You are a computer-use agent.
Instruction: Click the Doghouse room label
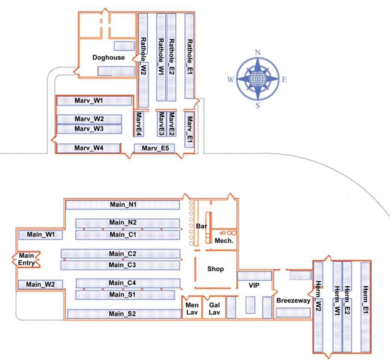[x=108, y=57]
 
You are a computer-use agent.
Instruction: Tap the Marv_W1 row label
[x=89, y=100]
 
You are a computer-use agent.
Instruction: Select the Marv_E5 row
[x=154, y=148]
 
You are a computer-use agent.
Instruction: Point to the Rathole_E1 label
[x=189, y=57]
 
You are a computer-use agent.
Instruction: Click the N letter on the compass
[x=258, y=52]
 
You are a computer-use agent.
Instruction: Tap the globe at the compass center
[x=257, y=79]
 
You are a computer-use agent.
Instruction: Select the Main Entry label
[x=26, y=259]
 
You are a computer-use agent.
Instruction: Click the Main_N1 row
[x=123, y=205]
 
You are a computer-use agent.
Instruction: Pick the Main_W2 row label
[x=40, y=284]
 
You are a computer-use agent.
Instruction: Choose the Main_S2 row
[x=124, y=314]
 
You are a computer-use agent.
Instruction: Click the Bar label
[x=201, y=226]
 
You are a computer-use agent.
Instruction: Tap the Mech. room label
[x=224, y=241]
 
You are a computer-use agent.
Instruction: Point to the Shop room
[x=216, y=269]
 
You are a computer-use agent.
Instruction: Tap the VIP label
[x=254, y=285]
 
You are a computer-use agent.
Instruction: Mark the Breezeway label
[x=293, y=300]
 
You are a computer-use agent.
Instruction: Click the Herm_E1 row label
[x=365, y=300]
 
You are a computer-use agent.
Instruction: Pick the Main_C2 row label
[x=123, y=254]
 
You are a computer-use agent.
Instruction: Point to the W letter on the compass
[x=231, y=79]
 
